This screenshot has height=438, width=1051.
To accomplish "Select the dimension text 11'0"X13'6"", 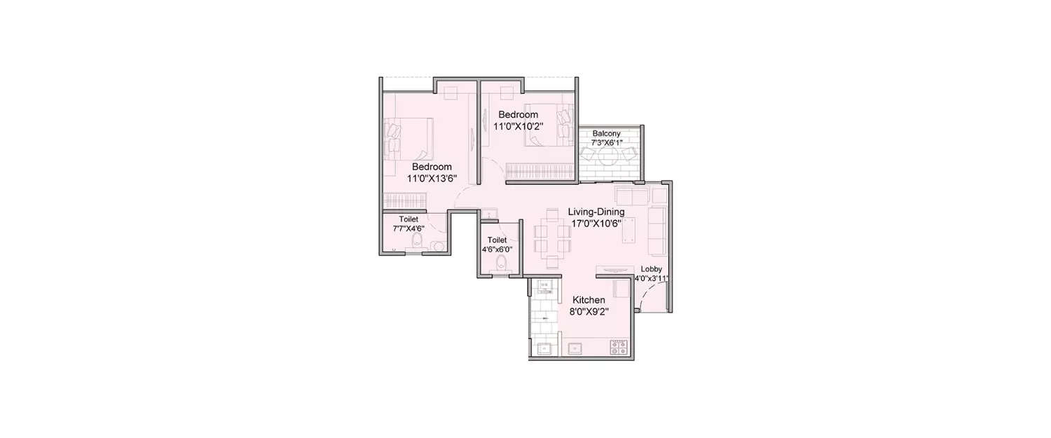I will (432, 178).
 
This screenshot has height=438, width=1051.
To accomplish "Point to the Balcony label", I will (605, 133).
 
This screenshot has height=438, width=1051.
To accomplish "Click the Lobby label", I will (651, 268).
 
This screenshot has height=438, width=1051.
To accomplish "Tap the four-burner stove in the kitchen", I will (619, 346).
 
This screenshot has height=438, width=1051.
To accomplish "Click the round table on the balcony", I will (608, 155).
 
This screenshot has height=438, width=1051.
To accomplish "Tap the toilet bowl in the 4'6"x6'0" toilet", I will (501, 263).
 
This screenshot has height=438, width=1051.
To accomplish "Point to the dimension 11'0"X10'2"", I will (519, 127).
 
